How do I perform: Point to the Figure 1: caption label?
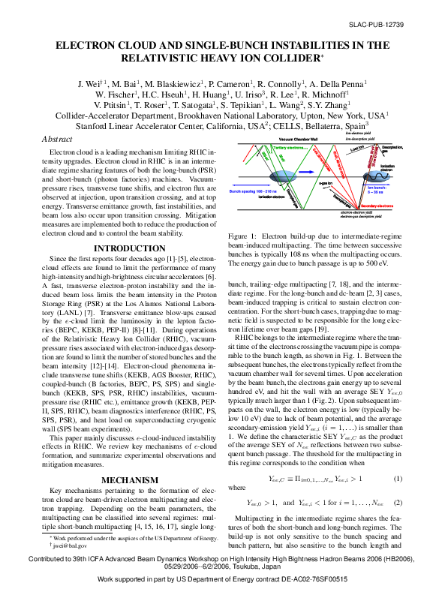(242, 237)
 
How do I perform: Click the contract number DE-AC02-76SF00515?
(335, 581)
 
